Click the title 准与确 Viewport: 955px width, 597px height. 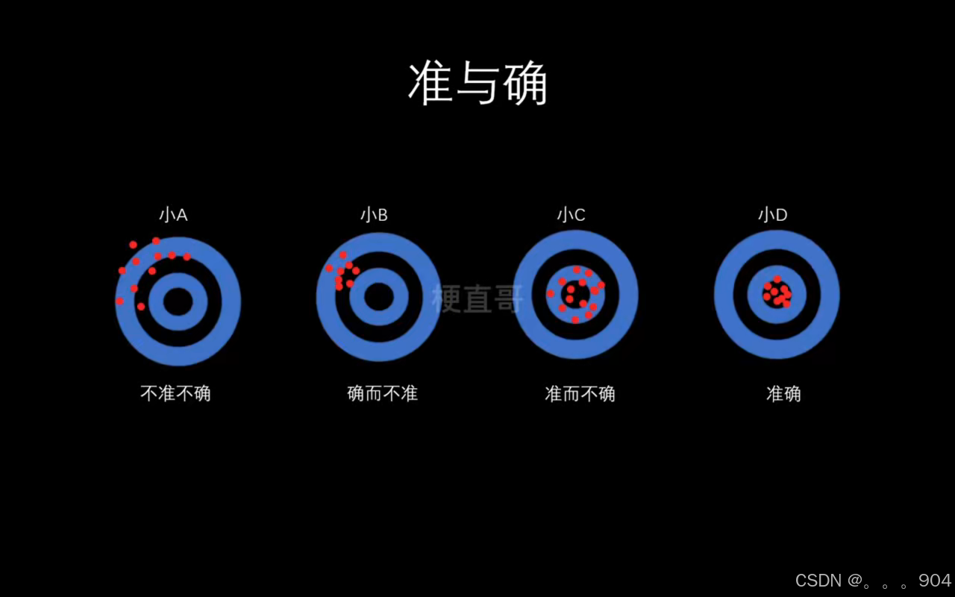477,83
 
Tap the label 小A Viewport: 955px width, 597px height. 173,215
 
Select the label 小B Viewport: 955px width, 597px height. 374,215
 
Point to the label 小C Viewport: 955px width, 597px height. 571,215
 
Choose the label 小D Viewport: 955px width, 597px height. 772,215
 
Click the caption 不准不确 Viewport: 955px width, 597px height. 176,393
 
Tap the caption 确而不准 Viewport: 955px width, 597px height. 382,393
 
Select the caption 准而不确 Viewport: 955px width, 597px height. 580,393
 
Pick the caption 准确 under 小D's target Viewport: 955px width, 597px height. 783,393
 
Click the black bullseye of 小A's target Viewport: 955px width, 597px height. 178,301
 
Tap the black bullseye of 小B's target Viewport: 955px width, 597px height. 379,297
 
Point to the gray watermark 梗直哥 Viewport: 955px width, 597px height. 477,298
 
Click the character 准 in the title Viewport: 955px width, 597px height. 431,83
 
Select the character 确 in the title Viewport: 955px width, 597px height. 525,83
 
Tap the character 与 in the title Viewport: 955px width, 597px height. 477,83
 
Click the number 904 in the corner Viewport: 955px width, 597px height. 935,580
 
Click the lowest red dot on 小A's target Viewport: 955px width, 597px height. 141,306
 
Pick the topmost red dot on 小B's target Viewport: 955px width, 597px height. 343,254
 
